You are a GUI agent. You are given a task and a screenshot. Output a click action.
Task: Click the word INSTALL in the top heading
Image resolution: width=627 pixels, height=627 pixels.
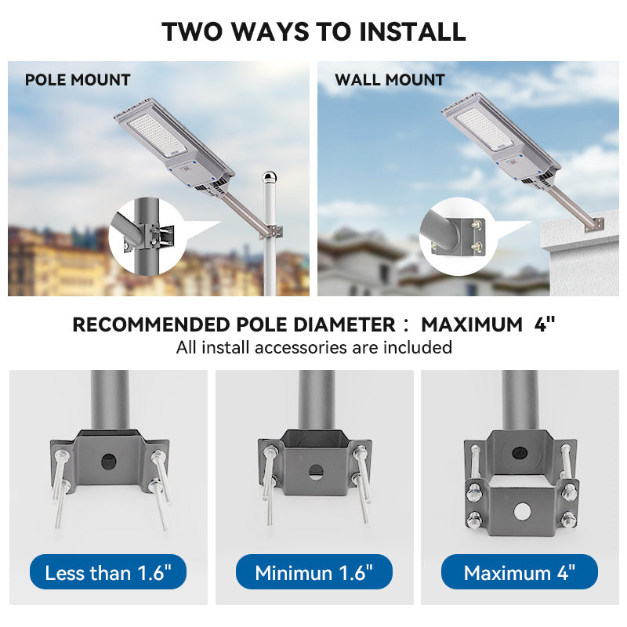click(412, 31)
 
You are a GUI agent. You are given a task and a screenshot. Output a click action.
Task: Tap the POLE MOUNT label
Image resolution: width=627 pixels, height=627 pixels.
click(78, 80)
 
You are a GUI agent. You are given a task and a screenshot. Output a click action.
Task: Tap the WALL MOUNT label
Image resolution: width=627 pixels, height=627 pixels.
click(390, 80)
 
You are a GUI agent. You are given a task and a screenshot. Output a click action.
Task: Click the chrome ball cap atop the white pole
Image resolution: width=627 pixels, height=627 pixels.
click(270, 176)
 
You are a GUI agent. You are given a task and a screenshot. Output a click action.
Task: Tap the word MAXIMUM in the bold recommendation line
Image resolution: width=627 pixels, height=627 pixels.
click(472, 324)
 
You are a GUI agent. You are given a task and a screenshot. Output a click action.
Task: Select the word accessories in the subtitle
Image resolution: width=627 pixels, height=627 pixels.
click(301, 347)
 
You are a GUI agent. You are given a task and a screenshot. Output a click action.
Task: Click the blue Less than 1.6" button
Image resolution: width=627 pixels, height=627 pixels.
click(108, 572)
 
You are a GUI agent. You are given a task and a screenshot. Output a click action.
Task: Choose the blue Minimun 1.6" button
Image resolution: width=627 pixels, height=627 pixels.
click(314, 572)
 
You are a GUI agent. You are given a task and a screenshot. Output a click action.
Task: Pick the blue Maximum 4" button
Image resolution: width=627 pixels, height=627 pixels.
click(520, 572)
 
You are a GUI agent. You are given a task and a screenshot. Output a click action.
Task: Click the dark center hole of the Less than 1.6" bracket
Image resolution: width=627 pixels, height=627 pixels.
click(109, 462)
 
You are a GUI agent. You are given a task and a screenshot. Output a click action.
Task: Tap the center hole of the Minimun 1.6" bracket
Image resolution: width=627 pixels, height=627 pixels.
click(316, 473)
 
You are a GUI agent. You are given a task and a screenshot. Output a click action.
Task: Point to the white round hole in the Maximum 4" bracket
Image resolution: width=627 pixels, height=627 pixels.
click(522, 512)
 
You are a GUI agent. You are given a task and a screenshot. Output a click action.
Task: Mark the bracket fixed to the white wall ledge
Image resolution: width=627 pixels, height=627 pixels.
click(595, 224)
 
